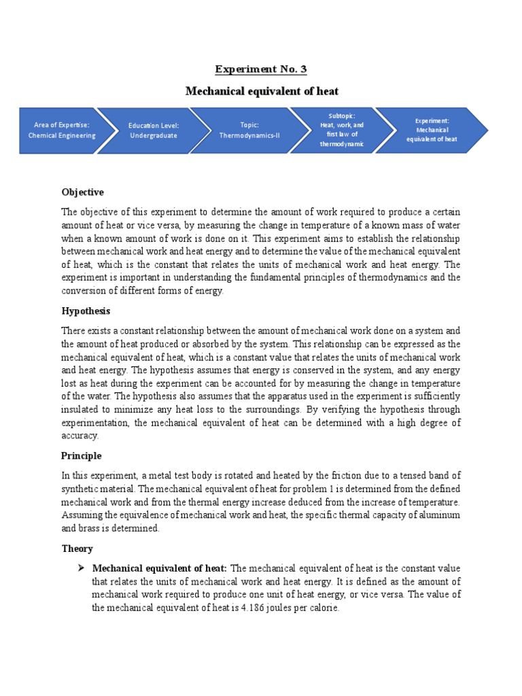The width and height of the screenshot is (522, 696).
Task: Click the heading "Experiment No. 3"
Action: coord(262,69)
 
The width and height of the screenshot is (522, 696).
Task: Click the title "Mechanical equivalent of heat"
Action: coord(262,91)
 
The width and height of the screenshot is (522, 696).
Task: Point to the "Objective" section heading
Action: coord(82,192)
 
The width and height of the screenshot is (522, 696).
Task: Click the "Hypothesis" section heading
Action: coord(86,311)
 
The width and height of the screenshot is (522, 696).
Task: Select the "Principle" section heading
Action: coord(82,455)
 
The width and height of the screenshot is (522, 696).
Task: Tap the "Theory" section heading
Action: coord(77,549)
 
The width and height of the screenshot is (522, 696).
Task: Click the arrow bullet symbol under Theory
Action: coord(81,568)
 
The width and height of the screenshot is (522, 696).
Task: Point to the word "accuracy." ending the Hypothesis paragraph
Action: coord(80,436)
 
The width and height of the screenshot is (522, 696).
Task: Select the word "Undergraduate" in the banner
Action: coord(153,135)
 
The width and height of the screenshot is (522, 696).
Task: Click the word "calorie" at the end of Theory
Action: coord(322,608)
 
